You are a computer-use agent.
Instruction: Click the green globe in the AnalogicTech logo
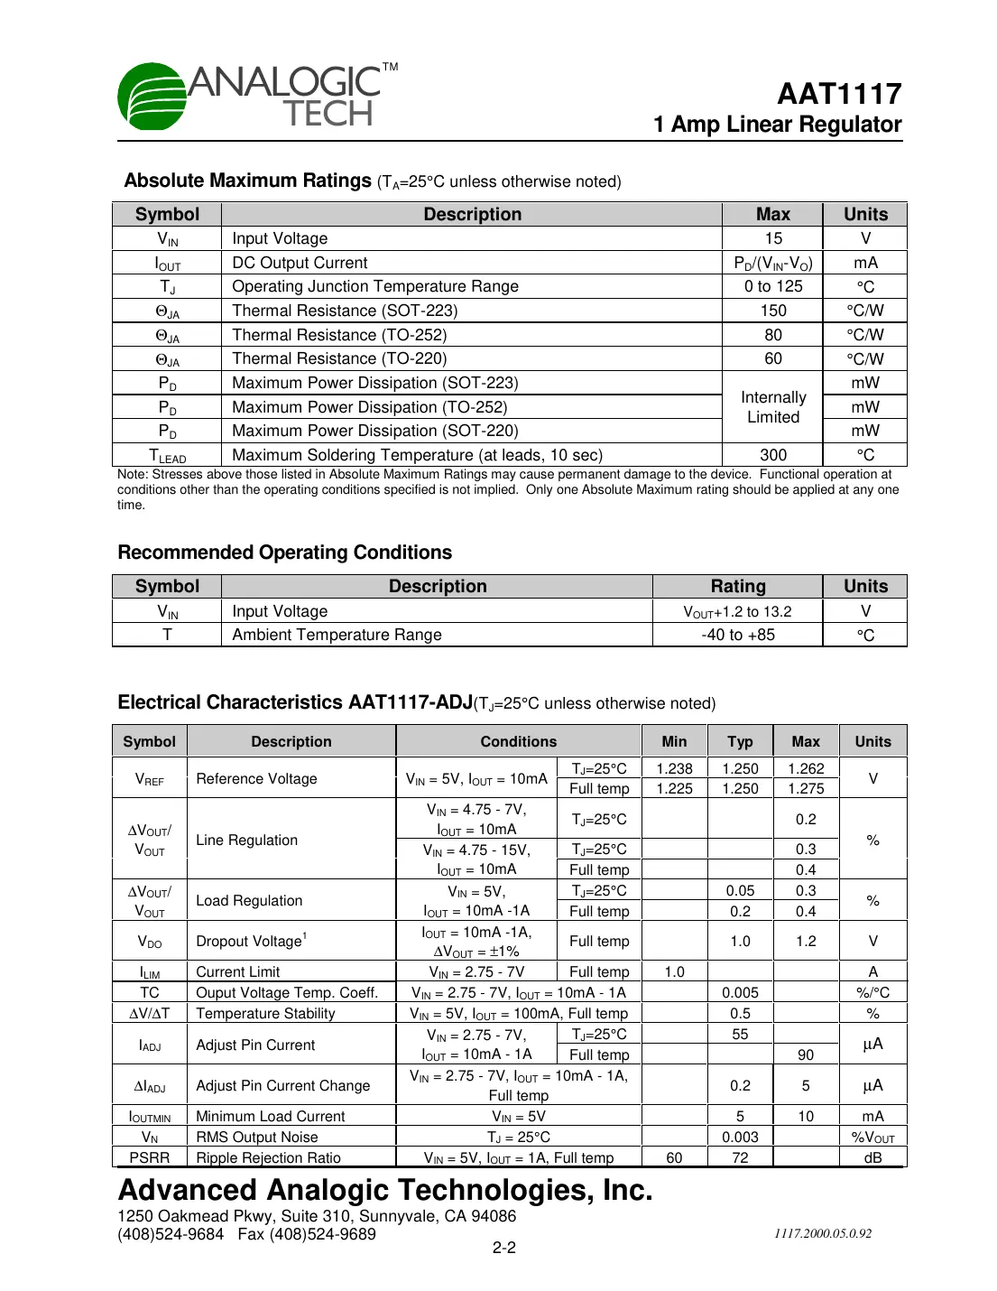[x=152, y=96]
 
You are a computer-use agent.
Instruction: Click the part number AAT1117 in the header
[x=839, y=94]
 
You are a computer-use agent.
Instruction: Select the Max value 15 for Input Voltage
[x=773, y=238]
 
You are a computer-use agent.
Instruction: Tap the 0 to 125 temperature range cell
[x=773, y=286]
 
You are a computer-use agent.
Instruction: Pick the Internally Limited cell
[x=773, y=407]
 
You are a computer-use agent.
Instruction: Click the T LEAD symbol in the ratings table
[x=167, y=455]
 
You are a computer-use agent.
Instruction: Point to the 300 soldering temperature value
[x=773, y=455]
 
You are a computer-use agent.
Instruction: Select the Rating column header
[x=737, y=586]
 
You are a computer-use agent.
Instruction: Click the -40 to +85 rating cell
[x=737, y=635]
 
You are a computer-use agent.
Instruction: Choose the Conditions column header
[x=518, y=741]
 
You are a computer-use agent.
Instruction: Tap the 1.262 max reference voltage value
[x=806, y=768]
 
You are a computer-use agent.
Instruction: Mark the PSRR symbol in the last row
[x=149, y=1157]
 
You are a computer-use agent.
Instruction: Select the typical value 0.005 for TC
[x=740, y=992]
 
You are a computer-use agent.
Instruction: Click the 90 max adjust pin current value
[x=806, y=1054]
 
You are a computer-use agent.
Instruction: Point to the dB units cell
[x=872, y=1157]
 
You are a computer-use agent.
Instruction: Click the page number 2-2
[x=503, y=1248]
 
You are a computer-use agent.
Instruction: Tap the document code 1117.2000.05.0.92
[x=822, y=1233]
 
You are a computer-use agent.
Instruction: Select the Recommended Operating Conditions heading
[x=285, y=553]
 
